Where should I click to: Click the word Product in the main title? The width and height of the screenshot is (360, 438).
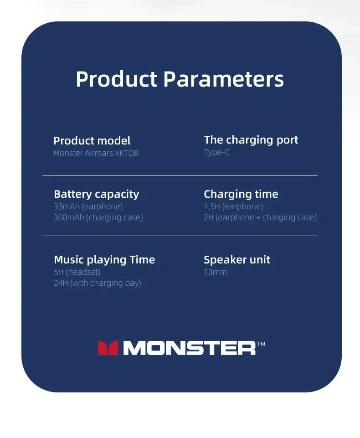116,79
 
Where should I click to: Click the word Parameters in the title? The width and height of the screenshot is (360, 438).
223,79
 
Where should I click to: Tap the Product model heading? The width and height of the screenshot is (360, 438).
92,140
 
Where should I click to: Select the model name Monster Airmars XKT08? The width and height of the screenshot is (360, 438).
96,153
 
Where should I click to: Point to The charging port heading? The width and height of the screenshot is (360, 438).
251,140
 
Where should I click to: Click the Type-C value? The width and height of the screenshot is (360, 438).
217,153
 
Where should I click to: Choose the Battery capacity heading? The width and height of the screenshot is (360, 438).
96,194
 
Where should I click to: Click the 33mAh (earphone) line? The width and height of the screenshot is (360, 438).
88,206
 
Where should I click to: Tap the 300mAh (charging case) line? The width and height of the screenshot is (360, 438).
98,217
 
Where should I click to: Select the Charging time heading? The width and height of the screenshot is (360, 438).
241,194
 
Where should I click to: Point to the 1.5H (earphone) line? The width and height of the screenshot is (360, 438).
233,206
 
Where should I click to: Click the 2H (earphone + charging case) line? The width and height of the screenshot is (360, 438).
260,217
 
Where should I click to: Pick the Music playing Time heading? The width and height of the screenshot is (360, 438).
104,260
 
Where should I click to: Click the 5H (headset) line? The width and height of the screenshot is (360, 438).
77,272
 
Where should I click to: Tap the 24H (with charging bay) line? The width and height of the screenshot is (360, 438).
98,283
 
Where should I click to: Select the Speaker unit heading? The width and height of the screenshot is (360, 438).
237,260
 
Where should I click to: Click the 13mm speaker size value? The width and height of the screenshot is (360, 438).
216,272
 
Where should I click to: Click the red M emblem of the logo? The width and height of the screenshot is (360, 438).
108,348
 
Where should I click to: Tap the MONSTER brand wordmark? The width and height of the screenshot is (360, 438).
190,348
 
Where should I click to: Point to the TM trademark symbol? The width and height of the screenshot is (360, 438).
261,344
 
